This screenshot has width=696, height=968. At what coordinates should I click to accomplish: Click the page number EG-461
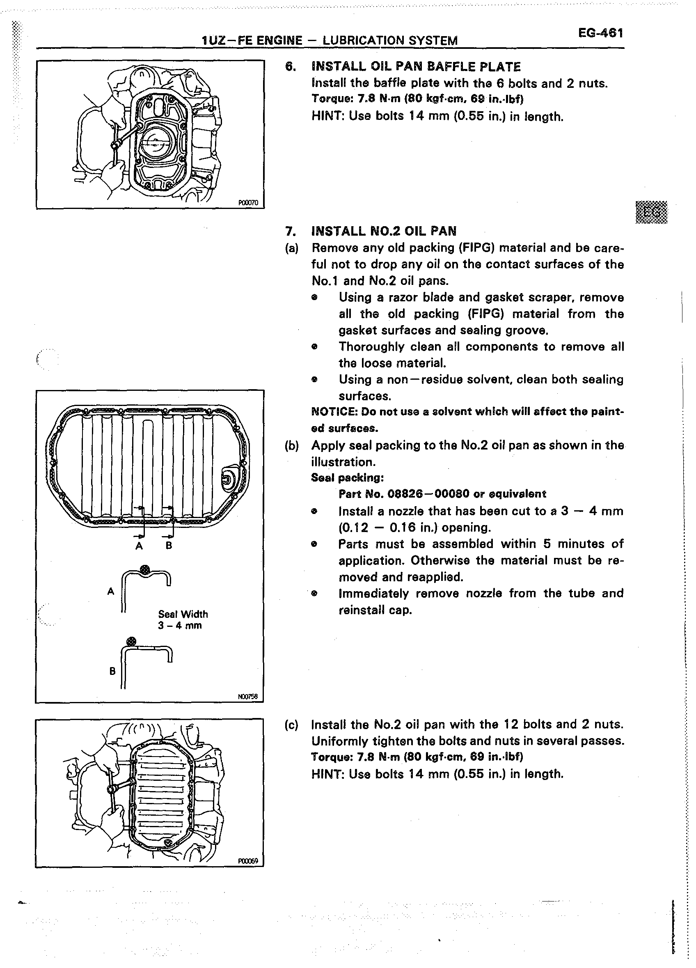tap(600, 33)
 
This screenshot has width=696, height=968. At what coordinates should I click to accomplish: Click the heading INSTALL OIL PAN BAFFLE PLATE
tap(416, 67)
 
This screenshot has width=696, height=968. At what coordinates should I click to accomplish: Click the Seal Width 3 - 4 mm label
tap(183, 620)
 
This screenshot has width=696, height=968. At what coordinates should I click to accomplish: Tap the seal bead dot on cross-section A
tap(145, 569)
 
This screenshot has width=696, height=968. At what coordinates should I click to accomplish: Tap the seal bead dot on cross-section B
tap(131, 642)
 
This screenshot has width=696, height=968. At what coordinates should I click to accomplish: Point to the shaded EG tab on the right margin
tap(652, 212)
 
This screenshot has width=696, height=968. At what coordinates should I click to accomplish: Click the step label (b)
tap(291, 445)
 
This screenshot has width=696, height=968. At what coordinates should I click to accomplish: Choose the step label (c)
tap(291, 725)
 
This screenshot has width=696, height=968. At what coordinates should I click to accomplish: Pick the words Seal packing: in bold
tap(347, 477)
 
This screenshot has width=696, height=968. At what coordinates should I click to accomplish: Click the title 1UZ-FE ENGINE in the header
tap(252, 41)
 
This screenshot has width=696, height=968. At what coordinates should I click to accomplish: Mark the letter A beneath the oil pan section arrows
tap(139, 546)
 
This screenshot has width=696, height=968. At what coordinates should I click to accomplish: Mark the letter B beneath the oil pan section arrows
tap(169, 546)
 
